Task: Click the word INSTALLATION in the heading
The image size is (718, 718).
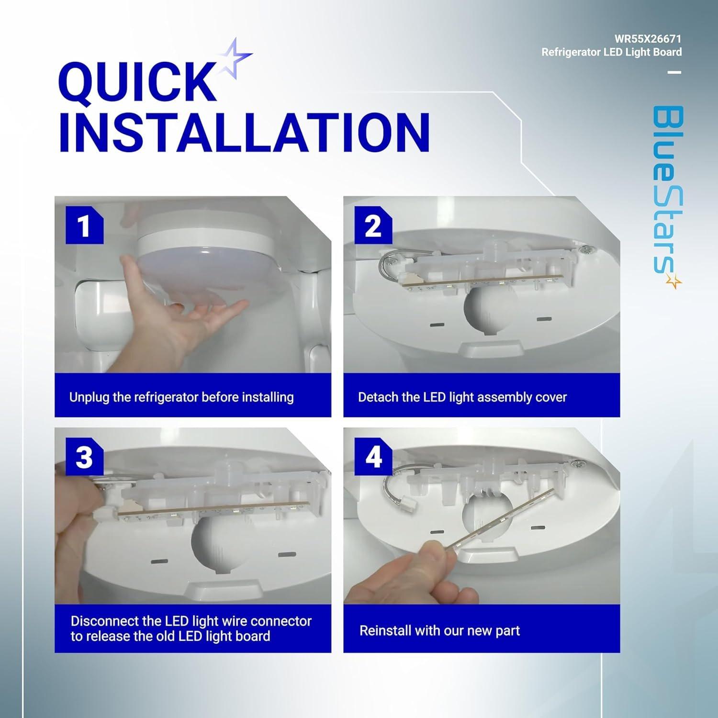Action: click(x=244, y=132)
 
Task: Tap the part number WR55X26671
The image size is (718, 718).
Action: click(x=648, y=38)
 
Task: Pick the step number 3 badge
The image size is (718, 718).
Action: click(x=84, y=457)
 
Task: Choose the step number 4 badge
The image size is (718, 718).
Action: click(x=373, y=457)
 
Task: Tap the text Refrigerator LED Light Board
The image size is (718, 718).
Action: click(x=611, y=52)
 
